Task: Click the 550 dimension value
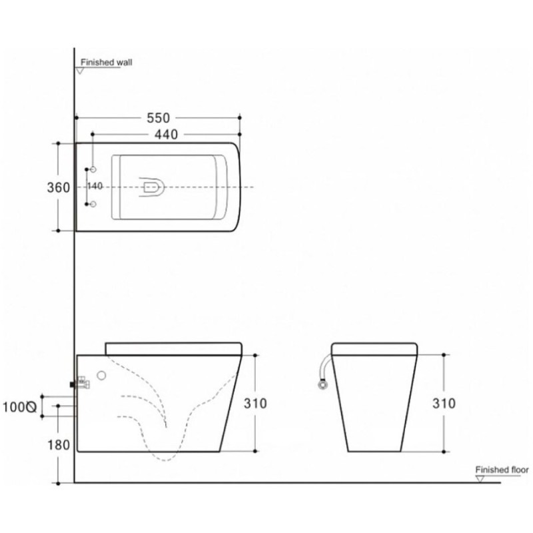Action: tap(158, 118)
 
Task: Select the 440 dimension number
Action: tap(166, 135)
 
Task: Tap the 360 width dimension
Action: tap(59, 187)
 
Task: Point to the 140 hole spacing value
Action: tap(95, 187)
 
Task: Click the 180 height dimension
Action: tap(59, 445)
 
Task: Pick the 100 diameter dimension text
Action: tap(19, 407)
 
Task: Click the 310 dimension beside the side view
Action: tap(255, 404)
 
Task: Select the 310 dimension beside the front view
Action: tap(444, 404)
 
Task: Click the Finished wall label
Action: tap(107, 62)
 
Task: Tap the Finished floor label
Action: tap(502, 470)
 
